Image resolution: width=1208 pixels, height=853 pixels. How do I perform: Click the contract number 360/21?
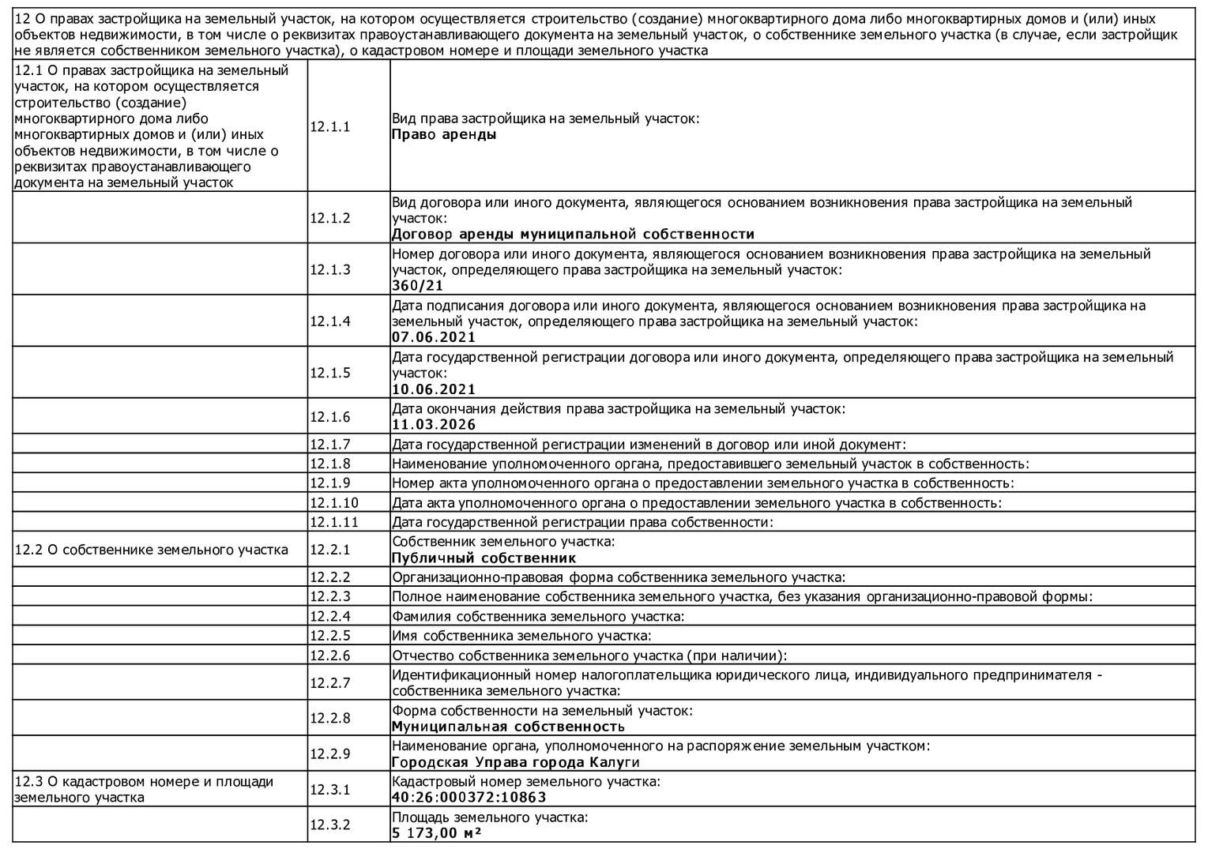point(418,286)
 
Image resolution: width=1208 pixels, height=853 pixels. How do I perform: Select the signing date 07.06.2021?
point(434,337)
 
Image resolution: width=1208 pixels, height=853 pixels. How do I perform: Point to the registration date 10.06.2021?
point(434,389)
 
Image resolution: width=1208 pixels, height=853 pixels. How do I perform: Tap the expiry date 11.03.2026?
point(434,425)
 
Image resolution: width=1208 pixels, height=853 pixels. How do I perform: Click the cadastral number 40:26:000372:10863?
point(469,798)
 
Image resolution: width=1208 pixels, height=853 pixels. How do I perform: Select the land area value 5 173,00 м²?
point(437,833)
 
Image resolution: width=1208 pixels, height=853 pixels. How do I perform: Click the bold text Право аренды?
point(444,135)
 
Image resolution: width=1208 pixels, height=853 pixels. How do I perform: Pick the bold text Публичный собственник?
point(484,558)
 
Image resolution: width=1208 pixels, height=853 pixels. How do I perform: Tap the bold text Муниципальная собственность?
point(508,727)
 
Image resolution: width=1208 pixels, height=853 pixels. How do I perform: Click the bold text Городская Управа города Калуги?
point(515,763)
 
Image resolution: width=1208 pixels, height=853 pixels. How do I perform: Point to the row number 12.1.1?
point(329,127)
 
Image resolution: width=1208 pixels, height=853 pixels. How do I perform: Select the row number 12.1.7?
point(329,445)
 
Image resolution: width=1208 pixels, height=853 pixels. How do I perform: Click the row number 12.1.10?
point(333,503)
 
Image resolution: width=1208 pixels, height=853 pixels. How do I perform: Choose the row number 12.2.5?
point(329,636)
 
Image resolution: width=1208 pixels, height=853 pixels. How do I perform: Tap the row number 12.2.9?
point(329,754)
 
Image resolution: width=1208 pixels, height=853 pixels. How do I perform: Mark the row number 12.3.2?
point(329,825)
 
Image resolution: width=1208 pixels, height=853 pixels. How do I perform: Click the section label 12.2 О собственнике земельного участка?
point(151,550)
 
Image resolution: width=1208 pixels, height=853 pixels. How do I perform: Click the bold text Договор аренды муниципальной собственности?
point(573,235)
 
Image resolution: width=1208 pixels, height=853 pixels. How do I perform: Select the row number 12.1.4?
point(329,321)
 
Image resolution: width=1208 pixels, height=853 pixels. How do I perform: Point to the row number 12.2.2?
point(329,577)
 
